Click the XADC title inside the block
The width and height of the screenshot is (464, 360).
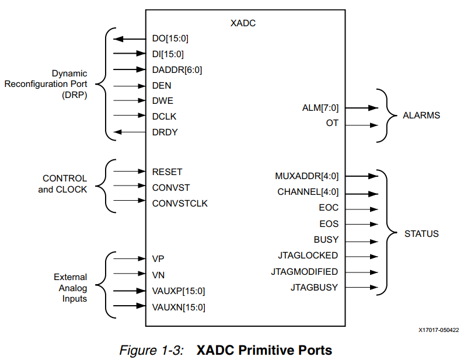[243, 24]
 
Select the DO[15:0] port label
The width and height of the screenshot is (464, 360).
[170, 39]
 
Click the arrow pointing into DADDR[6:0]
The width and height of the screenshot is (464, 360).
[129, 69]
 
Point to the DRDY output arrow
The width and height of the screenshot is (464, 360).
[129, 132]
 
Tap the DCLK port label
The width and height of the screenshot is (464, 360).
[164, 116]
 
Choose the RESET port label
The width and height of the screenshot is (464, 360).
[167, 172]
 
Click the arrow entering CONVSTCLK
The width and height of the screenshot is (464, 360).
[129, 203]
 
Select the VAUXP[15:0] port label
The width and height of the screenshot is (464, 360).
[178, 290]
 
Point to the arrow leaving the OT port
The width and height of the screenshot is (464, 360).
[357, 124]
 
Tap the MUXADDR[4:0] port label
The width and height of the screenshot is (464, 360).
[306, 176]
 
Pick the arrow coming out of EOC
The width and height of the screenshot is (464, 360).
[357, 208]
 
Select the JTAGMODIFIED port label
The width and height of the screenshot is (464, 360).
[304, 271]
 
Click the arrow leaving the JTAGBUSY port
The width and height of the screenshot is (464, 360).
[357, 287]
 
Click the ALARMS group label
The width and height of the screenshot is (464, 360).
[421, 116]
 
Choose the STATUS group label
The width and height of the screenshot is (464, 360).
[421, 234]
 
